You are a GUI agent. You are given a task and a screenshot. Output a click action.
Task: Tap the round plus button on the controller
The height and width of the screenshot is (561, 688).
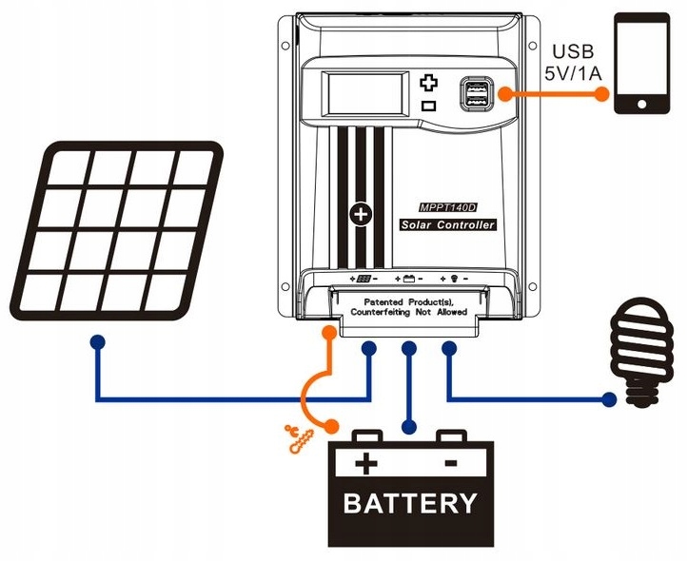click(361, 214)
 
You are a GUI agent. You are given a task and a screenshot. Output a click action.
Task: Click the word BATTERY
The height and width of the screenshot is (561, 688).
click(410, 502)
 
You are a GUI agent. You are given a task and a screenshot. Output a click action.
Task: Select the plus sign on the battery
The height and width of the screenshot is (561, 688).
click(365, 464)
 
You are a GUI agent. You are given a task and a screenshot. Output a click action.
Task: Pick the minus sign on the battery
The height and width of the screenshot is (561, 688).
click(451, 463)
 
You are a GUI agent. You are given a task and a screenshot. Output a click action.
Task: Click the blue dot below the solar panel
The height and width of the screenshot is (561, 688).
click(96, 340)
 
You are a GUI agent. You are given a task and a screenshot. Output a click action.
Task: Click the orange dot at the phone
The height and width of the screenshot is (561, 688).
click(602, 93)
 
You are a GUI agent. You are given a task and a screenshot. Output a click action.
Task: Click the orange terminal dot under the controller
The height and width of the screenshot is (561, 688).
click(329, 333)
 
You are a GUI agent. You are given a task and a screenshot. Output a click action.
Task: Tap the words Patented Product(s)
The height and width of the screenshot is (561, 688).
click(410, 300)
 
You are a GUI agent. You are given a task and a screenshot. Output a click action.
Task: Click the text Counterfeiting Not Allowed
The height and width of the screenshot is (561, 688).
click(410, 312)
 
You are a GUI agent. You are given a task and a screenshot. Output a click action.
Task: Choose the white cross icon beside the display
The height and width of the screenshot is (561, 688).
click(428, 83)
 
